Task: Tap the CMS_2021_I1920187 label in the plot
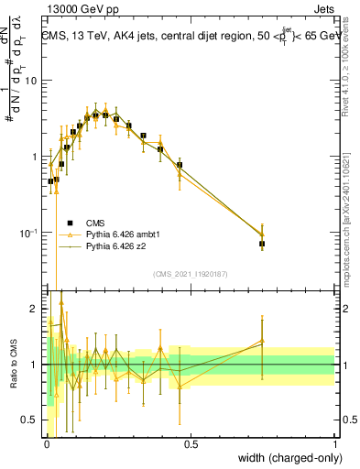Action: [190, 274]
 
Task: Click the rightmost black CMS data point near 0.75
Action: [262, 245]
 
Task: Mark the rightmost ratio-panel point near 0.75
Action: [262, 341]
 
